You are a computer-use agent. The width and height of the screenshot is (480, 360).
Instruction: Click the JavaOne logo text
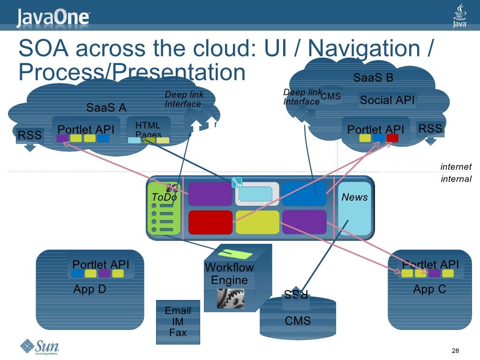click(53, 18)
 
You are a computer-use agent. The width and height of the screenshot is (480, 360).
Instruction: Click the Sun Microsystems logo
click(39, 347)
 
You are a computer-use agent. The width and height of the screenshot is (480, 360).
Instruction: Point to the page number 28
click(454, 351)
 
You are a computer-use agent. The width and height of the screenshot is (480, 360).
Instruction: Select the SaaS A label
click(106, 108)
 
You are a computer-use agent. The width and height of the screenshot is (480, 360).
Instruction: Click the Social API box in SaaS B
click(387, 100)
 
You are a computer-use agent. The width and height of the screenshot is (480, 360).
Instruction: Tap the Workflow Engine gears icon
click(230, 298)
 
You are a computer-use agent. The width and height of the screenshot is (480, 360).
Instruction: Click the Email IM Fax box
click(178, 322)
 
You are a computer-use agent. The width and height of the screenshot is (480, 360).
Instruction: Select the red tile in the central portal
click(210, 222)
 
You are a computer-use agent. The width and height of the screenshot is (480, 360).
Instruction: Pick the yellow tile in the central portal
click(257, 222)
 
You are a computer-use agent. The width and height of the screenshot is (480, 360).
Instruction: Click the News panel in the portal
click(354, 206)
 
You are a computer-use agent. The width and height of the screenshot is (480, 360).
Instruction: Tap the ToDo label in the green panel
click(164, 197)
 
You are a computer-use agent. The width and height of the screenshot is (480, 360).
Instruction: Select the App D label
click(90, 289)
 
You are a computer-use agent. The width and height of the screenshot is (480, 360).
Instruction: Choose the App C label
click(429, 289)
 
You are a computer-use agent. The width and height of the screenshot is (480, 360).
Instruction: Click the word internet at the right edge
click(456, 167)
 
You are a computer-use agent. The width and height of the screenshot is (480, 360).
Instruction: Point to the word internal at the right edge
click(456, 179)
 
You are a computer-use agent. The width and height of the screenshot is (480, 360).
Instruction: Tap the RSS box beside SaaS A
click(30, 135)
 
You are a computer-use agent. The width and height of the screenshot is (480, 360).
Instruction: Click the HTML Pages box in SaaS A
click(148, 130)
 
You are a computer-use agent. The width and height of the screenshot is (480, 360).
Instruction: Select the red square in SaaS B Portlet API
click(392, 138)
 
